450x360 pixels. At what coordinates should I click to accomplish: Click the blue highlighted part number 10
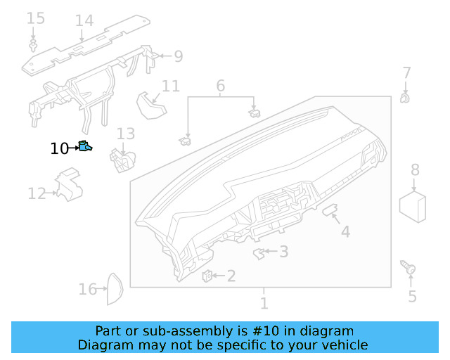pyautogui.click(x=86, y=147)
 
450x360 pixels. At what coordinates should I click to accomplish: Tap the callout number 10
pyautogui.click(x=60, y=148)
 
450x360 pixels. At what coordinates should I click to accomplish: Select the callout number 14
pyautogui.click(x=84, y=20)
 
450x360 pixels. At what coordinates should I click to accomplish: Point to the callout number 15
pyautogui.click(x=35, y=18)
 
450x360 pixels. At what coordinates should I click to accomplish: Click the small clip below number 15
pyautogui.click(x=33, y=46)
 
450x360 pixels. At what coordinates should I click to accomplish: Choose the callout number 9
pyautogui.click(x=178, y=56)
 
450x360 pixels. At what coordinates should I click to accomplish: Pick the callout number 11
pyautogui.click(x=170, y=86)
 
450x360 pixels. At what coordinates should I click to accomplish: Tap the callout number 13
pyautogui.click(x=125, y=133)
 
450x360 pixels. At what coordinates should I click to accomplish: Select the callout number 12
pyautogui.click(x=37, y=193)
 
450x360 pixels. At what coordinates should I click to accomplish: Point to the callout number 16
pyautogui.click(x=87, y=289)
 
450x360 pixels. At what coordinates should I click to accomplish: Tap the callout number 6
pyautogui.click(x=220, y=86)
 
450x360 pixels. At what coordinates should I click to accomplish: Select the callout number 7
pyautogui.click(x=406, y=72)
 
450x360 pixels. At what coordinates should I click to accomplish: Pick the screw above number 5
pyautogui.click(x=409, y=267)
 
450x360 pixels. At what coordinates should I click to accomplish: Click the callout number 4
pyautogui.click(x=345, y=231)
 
